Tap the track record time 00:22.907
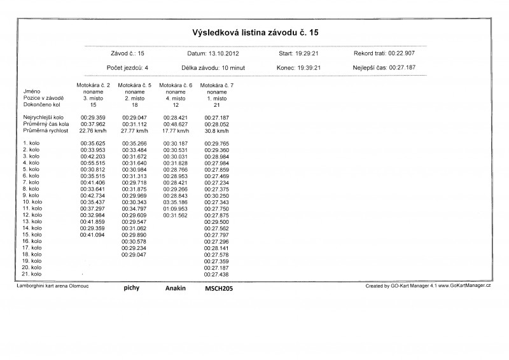click(x=401, y=54)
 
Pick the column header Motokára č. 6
click(x=176, y=85)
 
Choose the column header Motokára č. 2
click(x=93, y=85)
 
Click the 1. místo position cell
click(x=217, y=98)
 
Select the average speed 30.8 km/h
click(x=217, y=130)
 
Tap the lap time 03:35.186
click(x=176, y=202)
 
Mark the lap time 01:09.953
click(x=176, y=209)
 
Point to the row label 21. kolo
click(x=32, y=274)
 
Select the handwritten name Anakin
click(x=176, y=288)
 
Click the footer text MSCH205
click(x=219, y=288)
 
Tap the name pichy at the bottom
click(x=132, y=287)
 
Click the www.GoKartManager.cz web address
click(x=464, y=287)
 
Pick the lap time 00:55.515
click(x=93, y=163)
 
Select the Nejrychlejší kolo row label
click(x=43, y=118)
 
